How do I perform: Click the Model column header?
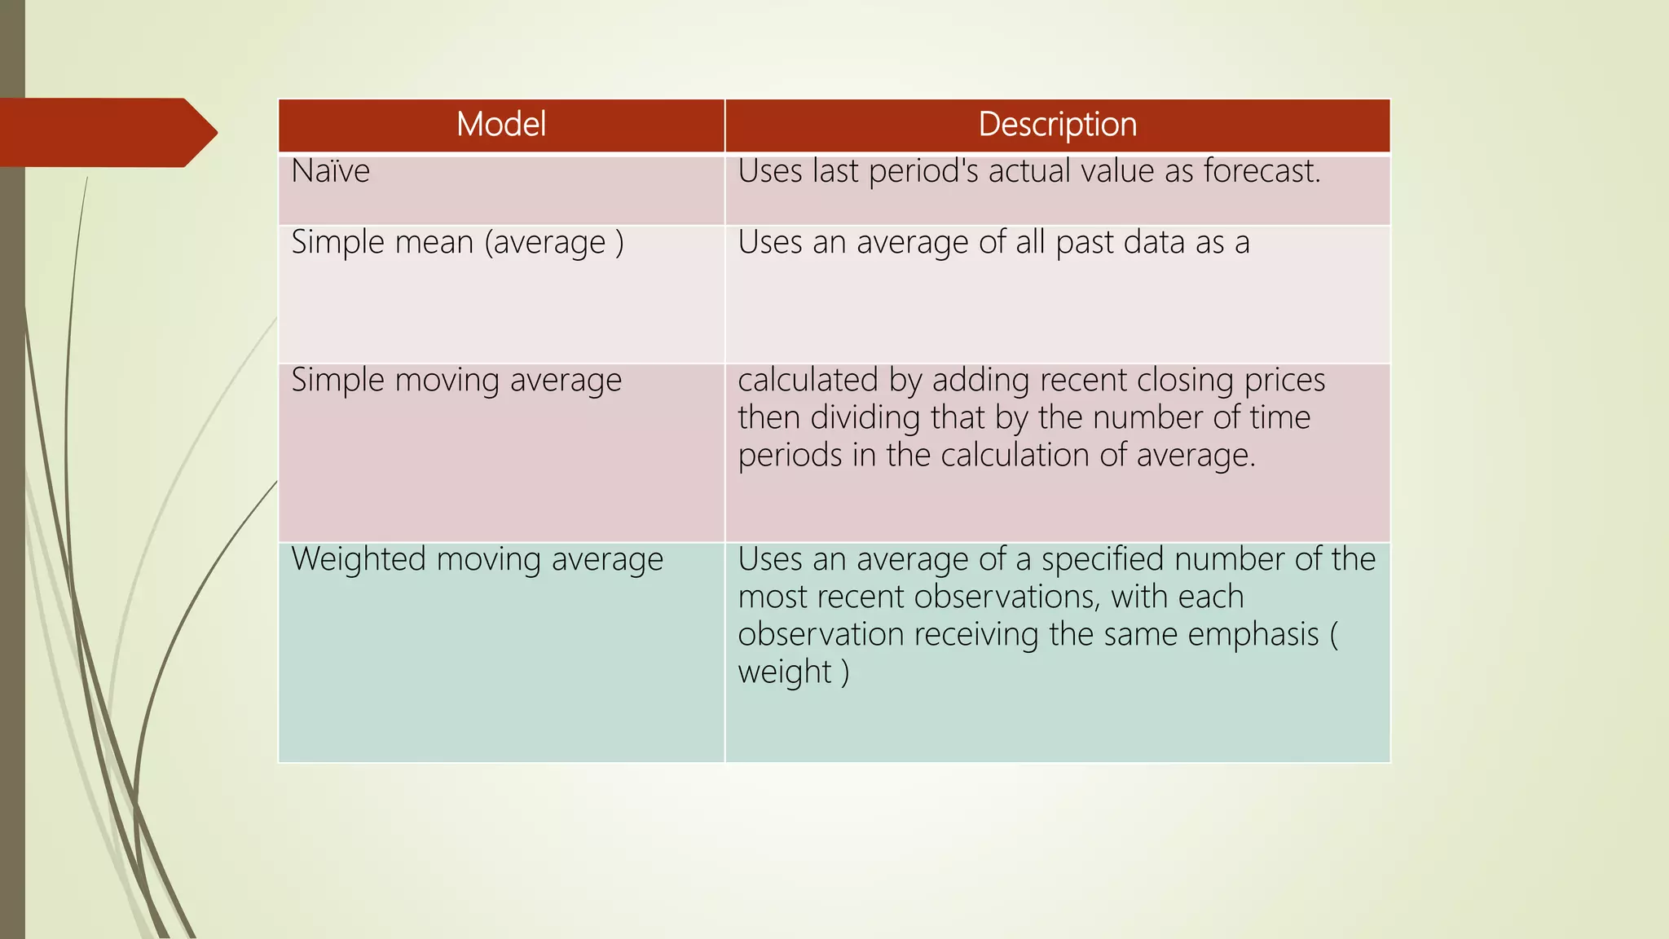point(500,125)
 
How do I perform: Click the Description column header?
point(1057,125)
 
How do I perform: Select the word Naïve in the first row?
point(330,171)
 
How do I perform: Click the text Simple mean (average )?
point(457,243)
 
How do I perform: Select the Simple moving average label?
point(456,381)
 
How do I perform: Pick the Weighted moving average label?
point(477,560)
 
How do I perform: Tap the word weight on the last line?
point(784,672)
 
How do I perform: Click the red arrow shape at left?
point(106,133)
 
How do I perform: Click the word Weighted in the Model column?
point(359,560)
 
